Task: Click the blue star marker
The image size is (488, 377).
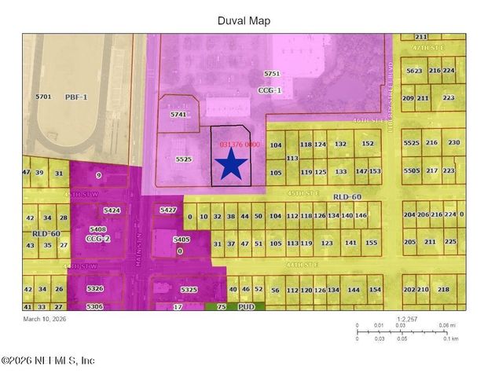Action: pos(232,165)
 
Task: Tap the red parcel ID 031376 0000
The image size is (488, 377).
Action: pos(240,145)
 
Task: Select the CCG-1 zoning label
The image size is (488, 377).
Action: pos(270,90)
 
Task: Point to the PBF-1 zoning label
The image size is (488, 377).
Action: pos(76,97)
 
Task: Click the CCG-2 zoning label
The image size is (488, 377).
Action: pos(97,237)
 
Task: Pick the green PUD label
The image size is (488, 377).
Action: pos(246,307)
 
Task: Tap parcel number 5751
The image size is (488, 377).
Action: pos(272,73)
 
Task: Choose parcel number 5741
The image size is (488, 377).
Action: pos(179,115)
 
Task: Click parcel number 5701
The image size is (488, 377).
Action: pos(43,97)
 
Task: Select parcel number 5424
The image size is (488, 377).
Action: pos(112,210)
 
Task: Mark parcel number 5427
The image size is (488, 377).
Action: pos(167,210)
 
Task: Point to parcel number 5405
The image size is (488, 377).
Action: pos(181,240)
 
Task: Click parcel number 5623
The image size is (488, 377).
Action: pos(413,71)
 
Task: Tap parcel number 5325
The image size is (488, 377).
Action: pos(189,290)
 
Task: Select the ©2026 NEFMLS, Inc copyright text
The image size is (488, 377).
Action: pos(48,361)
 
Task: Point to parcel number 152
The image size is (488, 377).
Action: pos(368,144)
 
